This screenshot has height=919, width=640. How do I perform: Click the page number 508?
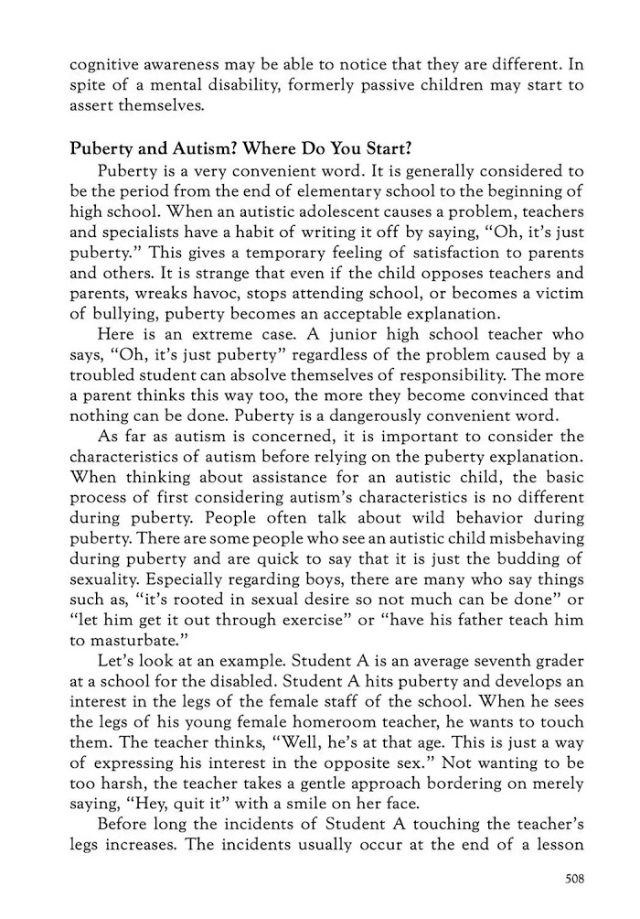(x=574, y=880)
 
